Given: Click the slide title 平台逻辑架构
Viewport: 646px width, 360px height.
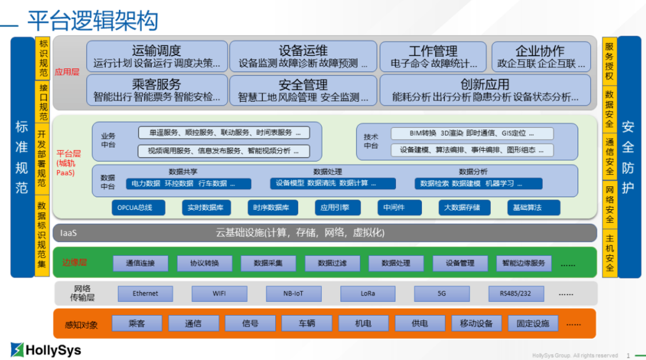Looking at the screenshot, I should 93,21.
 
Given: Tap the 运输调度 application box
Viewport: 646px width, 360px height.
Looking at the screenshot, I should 156,56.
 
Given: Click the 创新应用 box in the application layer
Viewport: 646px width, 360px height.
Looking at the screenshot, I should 484,90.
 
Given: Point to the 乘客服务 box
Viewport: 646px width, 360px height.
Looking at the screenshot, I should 156,90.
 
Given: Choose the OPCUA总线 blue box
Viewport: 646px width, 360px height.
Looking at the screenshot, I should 138,208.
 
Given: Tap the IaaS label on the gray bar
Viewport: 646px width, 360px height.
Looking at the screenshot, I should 68,233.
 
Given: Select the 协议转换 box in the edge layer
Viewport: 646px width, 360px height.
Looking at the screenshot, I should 205,263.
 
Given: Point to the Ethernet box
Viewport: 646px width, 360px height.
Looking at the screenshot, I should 145,293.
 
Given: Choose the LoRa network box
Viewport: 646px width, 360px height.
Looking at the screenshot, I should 367,293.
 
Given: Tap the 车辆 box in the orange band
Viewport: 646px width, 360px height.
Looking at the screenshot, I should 306,323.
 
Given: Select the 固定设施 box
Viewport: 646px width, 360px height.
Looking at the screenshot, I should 533,323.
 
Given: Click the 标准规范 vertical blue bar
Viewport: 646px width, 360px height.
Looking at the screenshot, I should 22,156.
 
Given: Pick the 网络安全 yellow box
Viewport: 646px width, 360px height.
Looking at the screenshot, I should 609,204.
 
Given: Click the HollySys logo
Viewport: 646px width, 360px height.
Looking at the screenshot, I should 46,350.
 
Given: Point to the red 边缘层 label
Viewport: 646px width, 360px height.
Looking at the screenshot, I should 74,263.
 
